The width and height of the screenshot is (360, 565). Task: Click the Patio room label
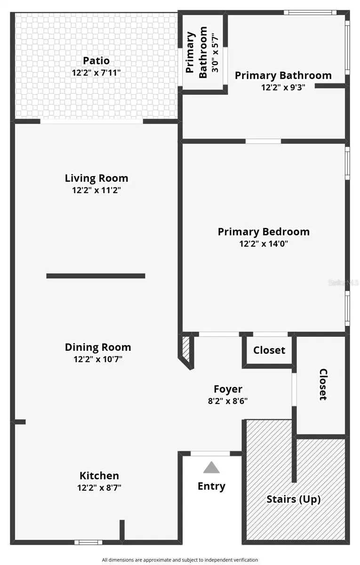96,61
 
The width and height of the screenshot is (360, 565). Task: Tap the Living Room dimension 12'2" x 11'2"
96,191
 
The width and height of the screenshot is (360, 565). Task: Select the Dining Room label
98,347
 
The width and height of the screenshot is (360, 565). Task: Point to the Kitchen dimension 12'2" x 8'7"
99,488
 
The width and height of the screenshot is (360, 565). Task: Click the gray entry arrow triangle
211,467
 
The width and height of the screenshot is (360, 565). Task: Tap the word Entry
211,486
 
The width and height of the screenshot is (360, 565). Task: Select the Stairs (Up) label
294,499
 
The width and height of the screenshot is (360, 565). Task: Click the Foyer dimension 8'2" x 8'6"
228,402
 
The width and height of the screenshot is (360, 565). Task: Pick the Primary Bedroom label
264,232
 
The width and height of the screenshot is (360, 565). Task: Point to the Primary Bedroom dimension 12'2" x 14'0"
264,244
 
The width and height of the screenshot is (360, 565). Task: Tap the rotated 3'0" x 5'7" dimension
215,52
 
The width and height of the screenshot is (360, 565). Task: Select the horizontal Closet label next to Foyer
269,350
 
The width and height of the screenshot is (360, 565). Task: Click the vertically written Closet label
323,384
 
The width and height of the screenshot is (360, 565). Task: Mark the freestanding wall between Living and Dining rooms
96,276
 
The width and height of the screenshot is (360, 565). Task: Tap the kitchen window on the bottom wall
88,542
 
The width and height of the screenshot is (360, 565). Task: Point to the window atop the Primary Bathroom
310,12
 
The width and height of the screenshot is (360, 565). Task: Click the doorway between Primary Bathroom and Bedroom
263,141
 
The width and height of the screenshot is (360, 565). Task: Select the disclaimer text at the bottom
180,560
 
